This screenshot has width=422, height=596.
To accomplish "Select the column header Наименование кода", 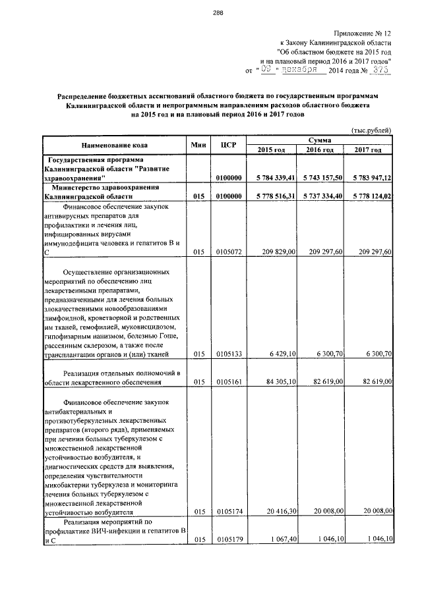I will click(x=115, y=145).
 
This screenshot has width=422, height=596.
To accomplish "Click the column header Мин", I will click(x=199, y=145).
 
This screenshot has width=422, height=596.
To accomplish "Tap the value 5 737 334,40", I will click(x=320, y=196).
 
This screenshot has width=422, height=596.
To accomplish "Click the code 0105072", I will click(x=229, y=252).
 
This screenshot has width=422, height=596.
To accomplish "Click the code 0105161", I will click(x=229, y=382).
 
